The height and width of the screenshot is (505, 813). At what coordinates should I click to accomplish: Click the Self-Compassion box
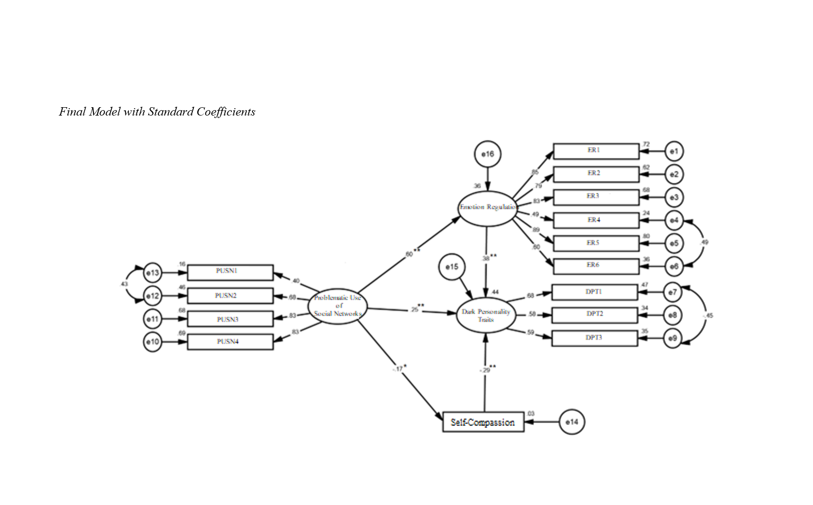(x=483, y=422)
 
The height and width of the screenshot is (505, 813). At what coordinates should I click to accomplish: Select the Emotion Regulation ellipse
(x=487, y=208)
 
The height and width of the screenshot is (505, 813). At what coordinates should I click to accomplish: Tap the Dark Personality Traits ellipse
(x=486, y=315)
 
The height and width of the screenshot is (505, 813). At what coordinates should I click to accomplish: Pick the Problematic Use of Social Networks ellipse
(x=338, y=306)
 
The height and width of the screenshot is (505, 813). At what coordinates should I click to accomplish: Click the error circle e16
(x=487, y=154)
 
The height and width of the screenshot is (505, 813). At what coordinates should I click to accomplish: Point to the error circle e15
(x=451, y=267)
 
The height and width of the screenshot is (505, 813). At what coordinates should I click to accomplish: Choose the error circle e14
(x=571, y=422)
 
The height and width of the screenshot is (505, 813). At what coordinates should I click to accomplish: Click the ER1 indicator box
(x=595, y=151)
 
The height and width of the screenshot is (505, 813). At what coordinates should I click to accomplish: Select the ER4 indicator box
(x=595, y=220)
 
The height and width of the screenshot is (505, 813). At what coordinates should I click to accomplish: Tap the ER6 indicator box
(x=595, y=266)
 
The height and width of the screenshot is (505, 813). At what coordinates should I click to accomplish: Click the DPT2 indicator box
(x=594, y=315)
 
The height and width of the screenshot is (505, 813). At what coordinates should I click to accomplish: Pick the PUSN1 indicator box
(x=230, y=272)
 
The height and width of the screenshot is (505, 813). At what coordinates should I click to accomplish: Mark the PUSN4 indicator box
(x=230, y=342)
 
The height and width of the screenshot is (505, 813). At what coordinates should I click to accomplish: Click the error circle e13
(x=153, y=272)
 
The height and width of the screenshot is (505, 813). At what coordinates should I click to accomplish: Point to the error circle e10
(x=153, y=342)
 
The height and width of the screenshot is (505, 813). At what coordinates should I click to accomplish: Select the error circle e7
(x=672, y=292)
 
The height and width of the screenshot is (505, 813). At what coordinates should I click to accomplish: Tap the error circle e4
(x=674, y=220)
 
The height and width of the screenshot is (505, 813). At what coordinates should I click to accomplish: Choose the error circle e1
(x=674, y=151)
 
